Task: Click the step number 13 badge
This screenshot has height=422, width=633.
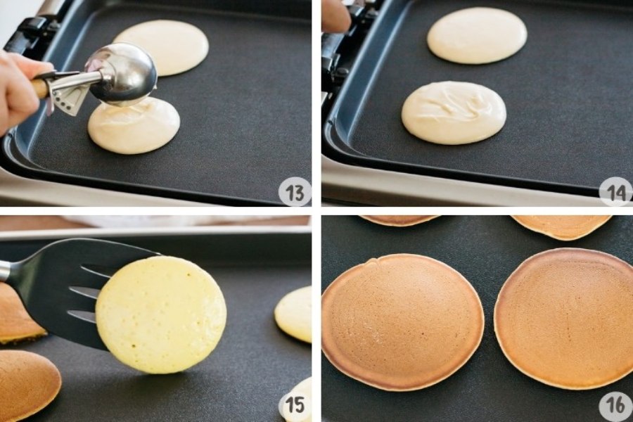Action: [295, 192]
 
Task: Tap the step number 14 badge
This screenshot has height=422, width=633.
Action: [616, 192]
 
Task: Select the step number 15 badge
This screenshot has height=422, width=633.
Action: [295, 404]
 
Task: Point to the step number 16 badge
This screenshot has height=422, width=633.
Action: [616, 404]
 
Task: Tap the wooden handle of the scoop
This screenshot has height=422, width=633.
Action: [39, 88]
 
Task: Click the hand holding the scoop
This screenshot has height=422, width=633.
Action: [18, 91]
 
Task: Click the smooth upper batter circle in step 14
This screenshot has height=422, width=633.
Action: [477, 36]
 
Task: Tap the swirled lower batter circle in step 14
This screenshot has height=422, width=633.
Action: [454, 113]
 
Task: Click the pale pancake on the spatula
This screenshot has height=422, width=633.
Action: [161, 314]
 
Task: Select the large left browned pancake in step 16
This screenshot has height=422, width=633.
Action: [403, 322]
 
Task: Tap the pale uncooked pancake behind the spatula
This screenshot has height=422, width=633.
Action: [294, 314]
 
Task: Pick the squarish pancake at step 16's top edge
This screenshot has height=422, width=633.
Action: [562, 226]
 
